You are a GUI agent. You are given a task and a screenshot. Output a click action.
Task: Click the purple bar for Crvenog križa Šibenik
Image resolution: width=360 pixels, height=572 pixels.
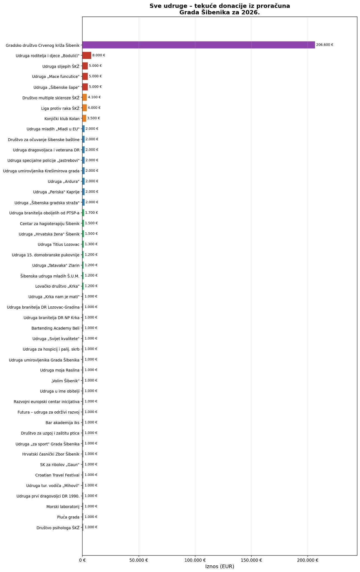pyautogui.click(x=198, y=45)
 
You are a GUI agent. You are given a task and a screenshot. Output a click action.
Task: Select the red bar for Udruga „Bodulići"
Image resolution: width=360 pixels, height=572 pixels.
pyautogui.click(x=87, y=55)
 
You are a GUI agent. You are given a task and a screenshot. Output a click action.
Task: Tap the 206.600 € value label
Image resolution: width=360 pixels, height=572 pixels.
pyautogui.click(x=325, y=45)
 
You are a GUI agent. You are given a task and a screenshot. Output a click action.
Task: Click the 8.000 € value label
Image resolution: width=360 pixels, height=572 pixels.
pyautogui.click(x=99, y=55)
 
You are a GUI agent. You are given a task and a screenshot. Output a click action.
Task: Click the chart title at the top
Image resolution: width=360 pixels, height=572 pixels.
pyautogui.click(x=220, y=9)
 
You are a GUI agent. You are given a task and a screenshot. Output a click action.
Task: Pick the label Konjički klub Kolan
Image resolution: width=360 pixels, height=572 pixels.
pyautogui.click(x=62, y=118)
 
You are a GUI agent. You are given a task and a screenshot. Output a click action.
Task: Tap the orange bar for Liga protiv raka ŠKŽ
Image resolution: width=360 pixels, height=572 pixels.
pyautogui.click(x=84, y=108)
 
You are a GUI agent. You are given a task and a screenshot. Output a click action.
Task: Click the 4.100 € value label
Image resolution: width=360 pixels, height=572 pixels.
pyautogui.click(x=94, y=97)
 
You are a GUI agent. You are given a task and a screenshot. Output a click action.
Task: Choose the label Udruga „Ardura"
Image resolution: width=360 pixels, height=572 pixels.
pyautogui.click(x=63, y=181)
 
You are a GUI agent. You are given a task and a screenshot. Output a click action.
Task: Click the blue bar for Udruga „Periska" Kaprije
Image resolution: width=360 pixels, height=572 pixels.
pyautogui.click(x=83, y=192)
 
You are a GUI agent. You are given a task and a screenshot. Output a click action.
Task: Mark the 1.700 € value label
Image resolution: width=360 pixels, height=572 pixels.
pyautogui.click(x=91, y=213)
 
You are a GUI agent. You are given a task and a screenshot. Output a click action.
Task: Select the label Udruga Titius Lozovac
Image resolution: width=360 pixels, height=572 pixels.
pyautogui.click(x=58, y=244)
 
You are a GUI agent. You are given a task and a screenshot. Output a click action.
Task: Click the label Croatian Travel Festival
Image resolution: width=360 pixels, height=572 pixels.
pyautogui.click(x=57, y=475)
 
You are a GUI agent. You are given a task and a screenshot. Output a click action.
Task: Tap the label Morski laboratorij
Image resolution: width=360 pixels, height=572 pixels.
pyautogui.click(x=63, y=506)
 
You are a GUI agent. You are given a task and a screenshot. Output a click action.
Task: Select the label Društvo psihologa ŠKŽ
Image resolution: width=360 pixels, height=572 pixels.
pyautogui.click(x=58, y=527)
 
